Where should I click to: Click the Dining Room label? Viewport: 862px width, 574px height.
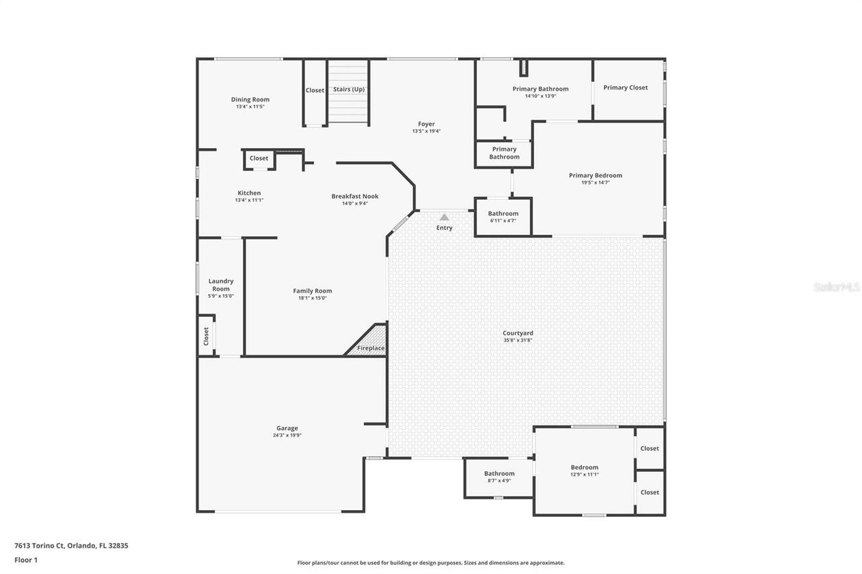pos(250,100)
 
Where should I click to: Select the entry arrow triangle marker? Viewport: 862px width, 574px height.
pos(444,217)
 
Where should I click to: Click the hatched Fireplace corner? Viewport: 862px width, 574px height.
pos(370,341)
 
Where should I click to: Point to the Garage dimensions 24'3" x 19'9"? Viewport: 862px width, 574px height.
pos(287,435)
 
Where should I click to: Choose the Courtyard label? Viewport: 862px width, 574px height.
pos(518,333)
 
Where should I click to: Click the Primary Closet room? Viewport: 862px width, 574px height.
pos(626,87)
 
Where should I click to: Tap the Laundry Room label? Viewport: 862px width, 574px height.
pos(221,285)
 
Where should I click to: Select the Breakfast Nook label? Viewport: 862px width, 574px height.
pos(355,196)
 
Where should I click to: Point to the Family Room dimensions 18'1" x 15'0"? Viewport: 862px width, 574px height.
pos(312,298)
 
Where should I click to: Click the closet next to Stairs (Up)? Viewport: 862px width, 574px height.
pos(314,90)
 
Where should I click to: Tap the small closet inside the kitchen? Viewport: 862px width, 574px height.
pos(259,159)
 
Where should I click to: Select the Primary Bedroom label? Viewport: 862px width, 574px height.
pos(595,176)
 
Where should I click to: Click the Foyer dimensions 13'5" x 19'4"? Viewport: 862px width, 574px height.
pos(426,131)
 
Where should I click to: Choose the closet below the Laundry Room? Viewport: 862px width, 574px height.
pos(206,336)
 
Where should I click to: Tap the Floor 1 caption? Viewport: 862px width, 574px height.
pos(26,560)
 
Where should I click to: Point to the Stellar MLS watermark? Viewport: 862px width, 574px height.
pos(836,287)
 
